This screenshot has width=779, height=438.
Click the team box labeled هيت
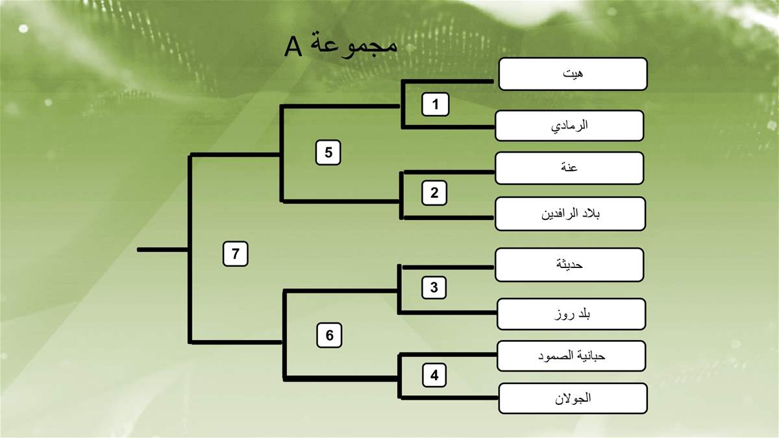573,74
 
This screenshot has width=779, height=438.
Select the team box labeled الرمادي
569,125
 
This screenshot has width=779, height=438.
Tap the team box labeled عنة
569,168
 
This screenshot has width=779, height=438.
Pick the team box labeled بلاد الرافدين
571,213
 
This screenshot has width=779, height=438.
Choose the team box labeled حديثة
569,265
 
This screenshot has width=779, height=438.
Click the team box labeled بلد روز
571,314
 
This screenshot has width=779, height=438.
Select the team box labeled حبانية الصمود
571,356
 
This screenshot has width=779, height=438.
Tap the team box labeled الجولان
573,398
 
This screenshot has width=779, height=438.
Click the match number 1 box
435,104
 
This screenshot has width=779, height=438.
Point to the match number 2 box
434,193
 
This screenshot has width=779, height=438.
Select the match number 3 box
434,287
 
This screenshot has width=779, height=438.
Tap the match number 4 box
434,375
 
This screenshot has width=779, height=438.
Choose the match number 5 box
328,152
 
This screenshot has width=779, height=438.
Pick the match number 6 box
329,335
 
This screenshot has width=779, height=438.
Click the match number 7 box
236,254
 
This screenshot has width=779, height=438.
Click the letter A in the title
293,47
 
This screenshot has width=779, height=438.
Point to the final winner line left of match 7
163,250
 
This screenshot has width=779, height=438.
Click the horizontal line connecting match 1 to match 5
340,106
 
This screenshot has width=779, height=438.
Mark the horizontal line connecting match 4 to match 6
341,378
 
